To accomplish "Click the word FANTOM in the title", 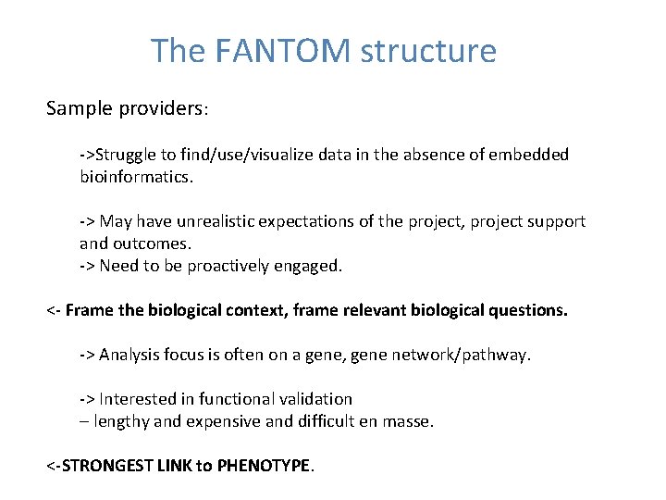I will click(x=283, y=51).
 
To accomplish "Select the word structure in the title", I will click(x=428, y=51).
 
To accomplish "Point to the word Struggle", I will click(x=126, y=154).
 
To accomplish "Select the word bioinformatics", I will click(x=136, y=176).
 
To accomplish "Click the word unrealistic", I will click(x=210, y=221).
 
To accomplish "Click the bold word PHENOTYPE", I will click(x=265, y=466).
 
